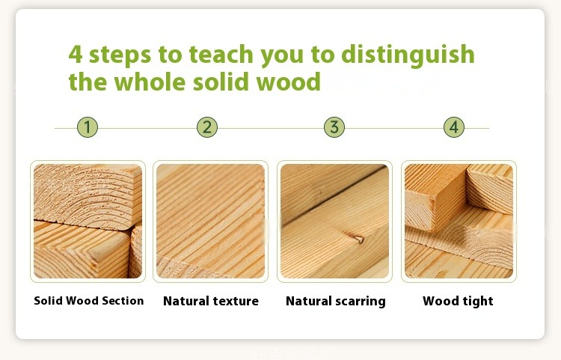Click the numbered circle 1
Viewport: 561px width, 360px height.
88,127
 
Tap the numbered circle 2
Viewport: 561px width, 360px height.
207,127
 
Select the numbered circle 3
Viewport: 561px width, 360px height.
334,127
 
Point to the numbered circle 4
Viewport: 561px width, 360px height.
454,127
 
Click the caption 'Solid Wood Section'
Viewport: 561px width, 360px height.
89,301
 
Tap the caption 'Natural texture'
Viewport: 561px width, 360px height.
211,301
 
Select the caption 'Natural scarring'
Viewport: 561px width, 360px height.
336,302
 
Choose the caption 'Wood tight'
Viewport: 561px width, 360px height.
458,301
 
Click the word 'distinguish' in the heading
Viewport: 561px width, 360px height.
408,55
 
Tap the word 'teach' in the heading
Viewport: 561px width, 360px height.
221,55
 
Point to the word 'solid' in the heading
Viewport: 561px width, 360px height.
221,82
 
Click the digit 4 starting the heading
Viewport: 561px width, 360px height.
75,55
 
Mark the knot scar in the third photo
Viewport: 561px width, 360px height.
358,239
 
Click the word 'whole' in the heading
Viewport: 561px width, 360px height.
150,82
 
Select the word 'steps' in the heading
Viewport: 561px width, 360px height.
120,56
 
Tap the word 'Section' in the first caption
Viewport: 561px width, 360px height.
123,301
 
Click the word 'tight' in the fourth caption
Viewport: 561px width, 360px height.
476,302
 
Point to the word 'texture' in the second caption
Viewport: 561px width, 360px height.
234,302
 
